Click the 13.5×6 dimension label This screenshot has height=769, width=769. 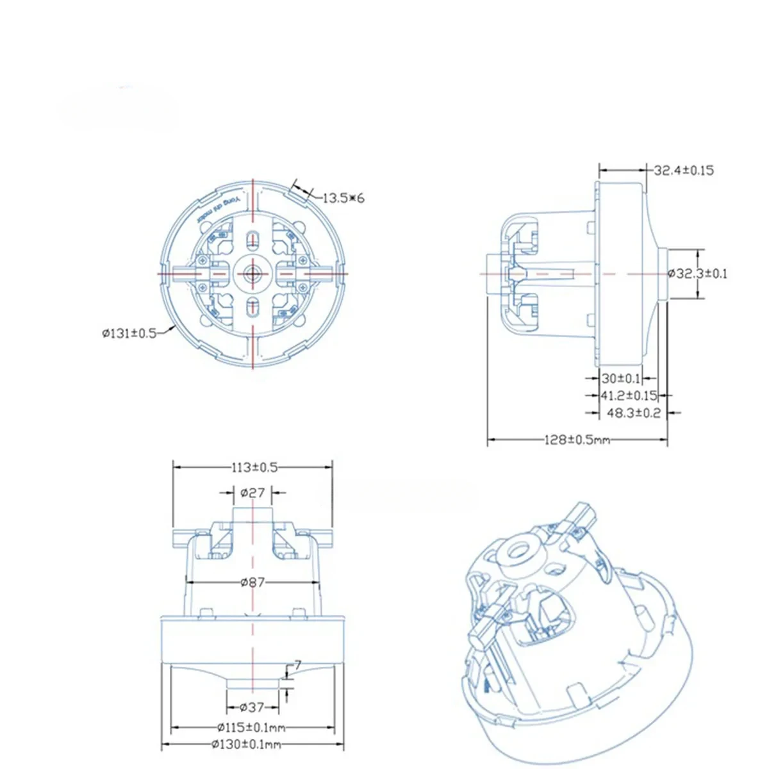(343, 198)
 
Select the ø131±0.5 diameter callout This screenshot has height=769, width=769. (129, 333)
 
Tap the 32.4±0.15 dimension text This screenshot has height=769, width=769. (684, 170)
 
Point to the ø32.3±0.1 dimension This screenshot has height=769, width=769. (698, 274)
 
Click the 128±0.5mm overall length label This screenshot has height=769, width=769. (577, 440)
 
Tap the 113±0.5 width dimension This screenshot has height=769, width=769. (254, 467)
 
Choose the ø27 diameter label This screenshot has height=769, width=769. (252, 493)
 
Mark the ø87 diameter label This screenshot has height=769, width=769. (252, 582)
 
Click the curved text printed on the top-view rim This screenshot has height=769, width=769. (218, 206)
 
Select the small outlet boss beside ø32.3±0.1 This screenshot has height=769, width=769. (664, 274)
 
